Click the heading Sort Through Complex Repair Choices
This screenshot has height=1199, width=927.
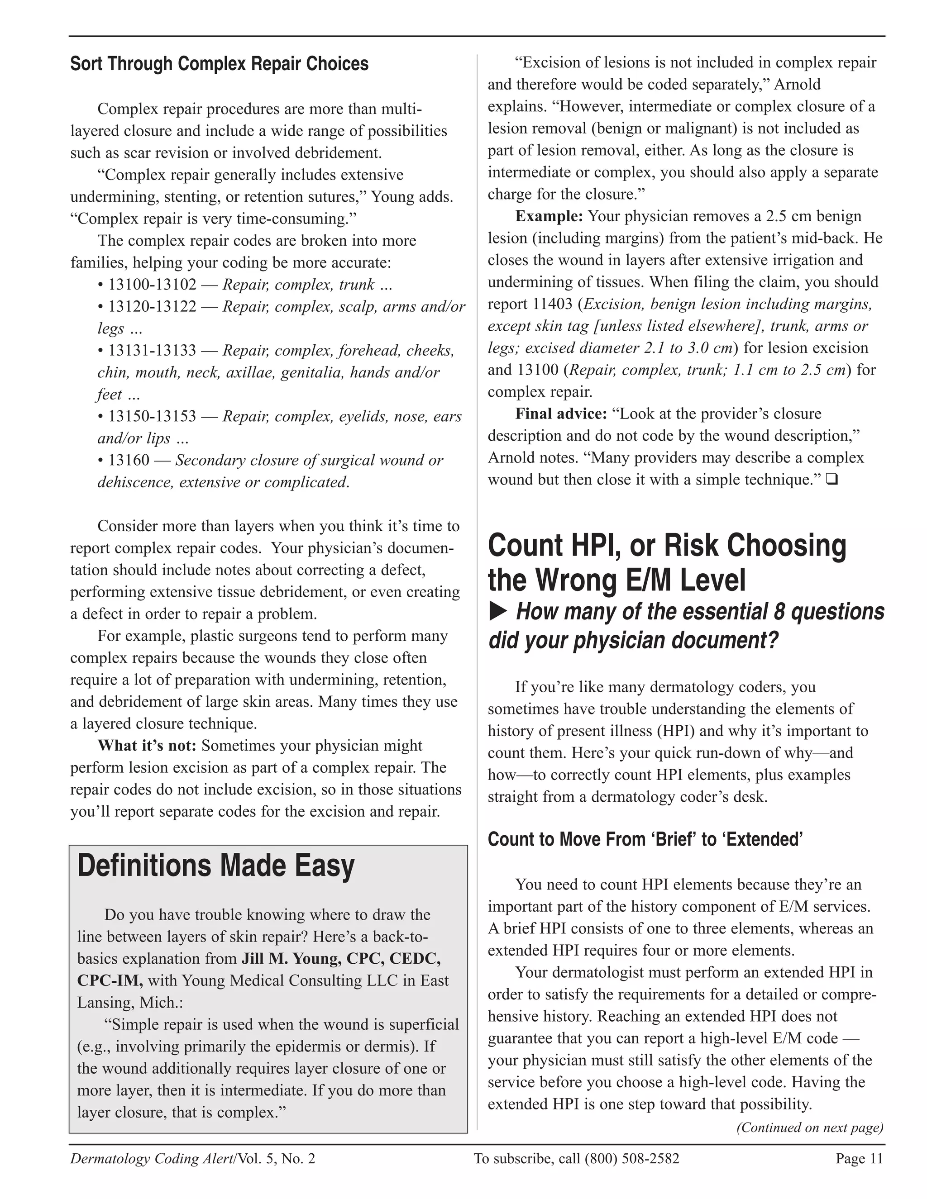[219, 64]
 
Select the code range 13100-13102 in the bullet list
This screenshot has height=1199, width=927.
[152, 285]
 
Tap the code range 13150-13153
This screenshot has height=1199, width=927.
[152, 416]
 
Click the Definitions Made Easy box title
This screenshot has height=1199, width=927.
[216, 866]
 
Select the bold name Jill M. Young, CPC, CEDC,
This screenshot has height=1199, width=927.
[341, 959]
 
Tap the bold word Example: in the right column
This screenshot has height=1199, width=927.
[549, 216]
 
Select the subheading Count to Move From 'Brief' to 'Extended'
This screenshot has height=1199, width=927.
[645, 839]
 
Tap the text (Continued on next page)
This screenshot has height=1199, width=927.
[809, 1128]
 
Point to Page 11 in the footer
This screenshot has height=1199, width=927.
[859, 1159]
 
